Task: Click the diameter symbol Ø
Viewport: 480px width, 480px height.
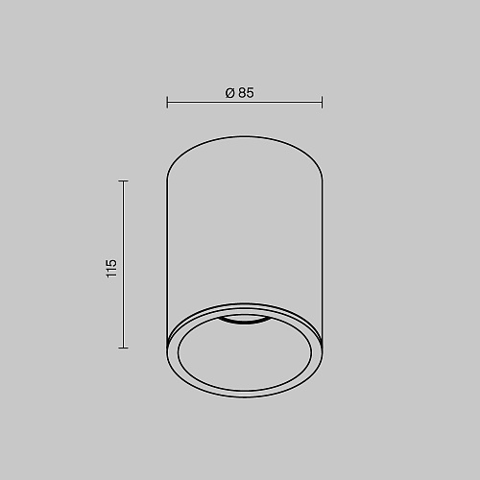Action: pyautogui.click(x=230, y=93)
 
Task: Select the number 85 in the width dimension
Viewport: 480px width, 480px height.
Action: pyautogui.click(x=246, y=93)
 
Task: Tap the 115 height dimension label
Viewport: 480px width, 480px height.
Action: pyautogui.click(x=111, y=268)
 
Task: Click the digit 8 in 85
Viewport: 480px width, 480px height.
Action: pyautogui.click(x=242, y=93)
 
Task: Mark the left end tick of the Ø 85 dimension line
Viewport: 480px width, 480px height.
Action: pyautogui.click(x=167, y=102)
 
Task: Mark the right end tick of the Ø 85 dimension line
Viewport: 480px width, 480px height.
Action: pyautogui.click(x=322, y=102)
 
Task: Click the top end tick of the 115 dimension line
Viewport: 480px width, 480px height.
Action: pyautogui.click(x=123, y=181)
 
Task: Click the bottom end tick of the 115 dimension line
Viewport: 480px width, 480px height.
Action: pyautogui.click(x=123, y=348)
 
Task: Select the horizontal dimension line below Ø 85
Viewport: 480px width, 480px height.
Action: pyautogui.click(x=245, y=103)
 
